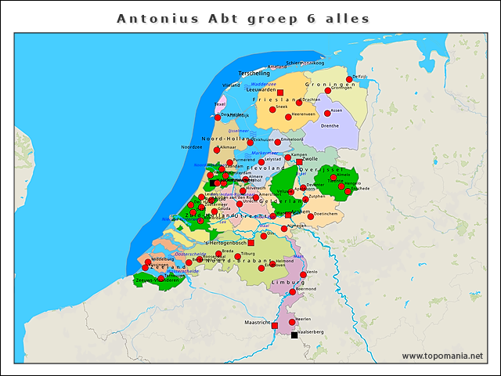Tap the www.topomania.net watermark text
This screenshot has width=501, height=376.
[x=442, y=356]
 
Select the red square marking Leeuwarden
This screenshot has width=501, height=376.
[x=279, y=92]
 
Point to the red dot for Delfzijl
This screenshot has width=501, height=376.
[x=349, y=79]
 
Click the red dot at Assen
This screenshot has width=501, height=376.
[x=327, y=113]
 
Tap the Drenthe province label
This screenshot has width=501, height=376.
[x=330, y=125]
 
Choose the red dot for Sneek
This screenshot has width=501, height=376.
[x=272, y=109]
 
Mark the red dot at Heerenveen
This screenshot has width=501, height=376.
[x=288, y=117]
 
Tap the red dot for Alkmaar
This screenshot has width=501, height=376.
[x=216, y=150]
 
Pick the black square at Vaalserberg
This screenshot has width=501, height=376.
[x=294, y=334]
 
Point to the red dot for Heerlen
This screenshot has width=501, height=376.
[x=292, y=321]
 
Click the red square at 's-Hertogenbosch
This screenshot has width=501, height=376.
[x=250, y=243]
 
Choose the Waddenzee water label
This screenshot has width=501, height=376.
[x=264, y=83]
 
